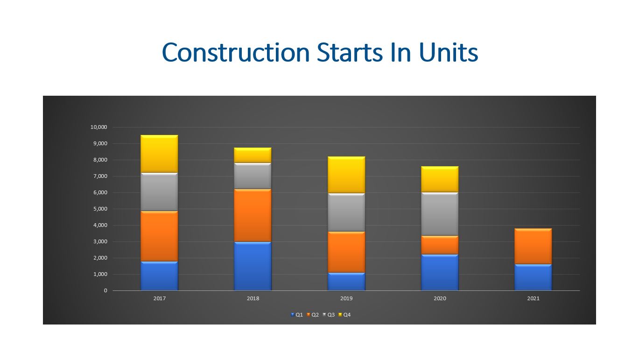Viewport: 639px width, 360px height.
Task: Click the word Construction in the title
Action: (236, 52)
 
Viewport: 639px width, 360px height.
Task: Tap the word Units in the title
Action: (449, 52)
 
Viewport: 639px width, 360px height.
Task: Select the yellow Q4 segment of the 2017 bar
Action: (159, 154)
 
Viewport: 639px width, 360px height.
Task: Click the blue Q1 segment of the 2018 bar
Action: (253, 266)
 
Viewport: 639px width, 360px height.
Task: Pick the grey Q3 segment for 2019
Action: (346, 212)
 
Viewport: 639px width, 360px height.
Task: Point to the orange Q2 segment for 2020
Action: (440, 245)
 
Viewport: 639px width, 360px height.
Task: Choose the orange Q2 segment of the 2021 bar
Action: (533, 247)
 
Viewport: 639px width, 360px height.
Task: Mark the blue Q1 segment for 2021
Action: (533, 277)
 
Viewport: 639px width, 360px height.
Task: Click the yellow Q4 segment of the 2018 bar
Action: (253, 155)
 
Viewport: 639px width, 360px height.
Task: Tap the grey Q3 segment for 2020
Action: (440, 214)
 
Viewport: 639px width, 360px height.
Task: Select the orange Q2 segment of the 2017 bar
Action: (159, 236)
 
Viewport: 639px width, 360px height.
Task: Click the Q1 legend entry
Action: (297, 315)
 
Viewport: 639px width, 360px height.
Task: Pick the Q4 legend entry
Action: (344, 315)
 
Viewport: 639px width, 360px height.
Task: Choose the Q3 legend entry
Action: (328, 315)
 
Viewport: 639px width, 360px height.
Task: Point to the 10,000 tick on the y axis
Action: (98, 127)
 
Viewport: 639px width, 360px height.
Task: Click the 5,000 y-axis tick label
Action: (100, 209)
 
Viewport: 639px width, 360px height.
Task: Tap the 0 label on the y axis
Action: (105, 291)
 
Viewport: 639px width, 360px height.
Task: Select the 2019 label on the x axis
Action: (346, 298)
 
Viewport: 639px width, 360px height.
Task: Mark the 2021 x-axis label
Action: (533, 298)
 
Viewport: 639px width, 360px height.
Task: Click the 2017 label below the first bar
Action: (159, 298)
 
